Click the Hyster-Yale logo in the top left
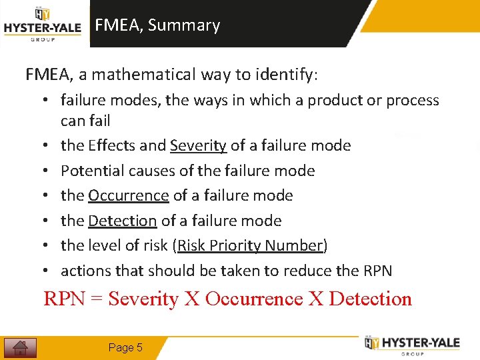click(x=42, y=25)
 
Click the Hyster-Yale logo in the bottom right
click(x=412, y=344)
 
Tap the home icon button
click(x=20, y=347)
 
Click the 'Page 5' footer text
click(x=125, y=347)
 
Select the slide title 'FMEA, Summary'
click(x=157, y=25)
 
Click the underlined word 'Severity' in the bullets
click(x=198, y=145)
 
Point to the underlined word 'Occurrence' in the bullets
click(x=128, y=195)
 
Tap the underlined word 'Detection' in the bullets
click(x=122, y=221)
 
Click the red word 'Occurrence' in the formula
click(x=254, y=299)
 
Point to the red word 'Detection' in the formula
click(x=370, y=299)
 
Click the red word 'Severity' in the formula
click(x=143, y=299)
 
